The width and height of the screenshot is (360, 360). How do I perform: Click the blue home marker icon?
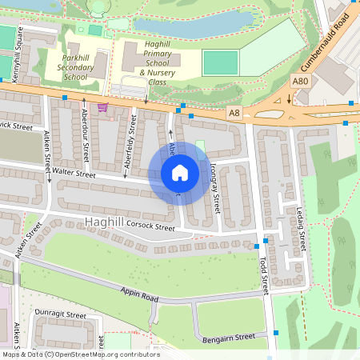pos(179,173)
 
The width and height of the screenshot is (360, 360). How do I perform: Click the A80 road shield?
pos(300,82)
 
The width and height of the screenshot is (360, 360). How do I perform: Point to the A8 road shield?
pos(234,113)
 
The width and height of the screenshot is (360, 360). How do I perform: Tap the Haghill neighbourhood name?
pos(104,220)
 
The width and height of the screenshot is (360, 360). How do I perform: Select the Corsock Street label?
pos(150,226)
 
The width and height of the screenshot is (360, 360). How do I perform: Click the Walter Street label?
pos(74,174)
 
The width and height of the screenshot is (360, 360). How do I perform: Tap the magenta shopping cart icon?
pos(102,106)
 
